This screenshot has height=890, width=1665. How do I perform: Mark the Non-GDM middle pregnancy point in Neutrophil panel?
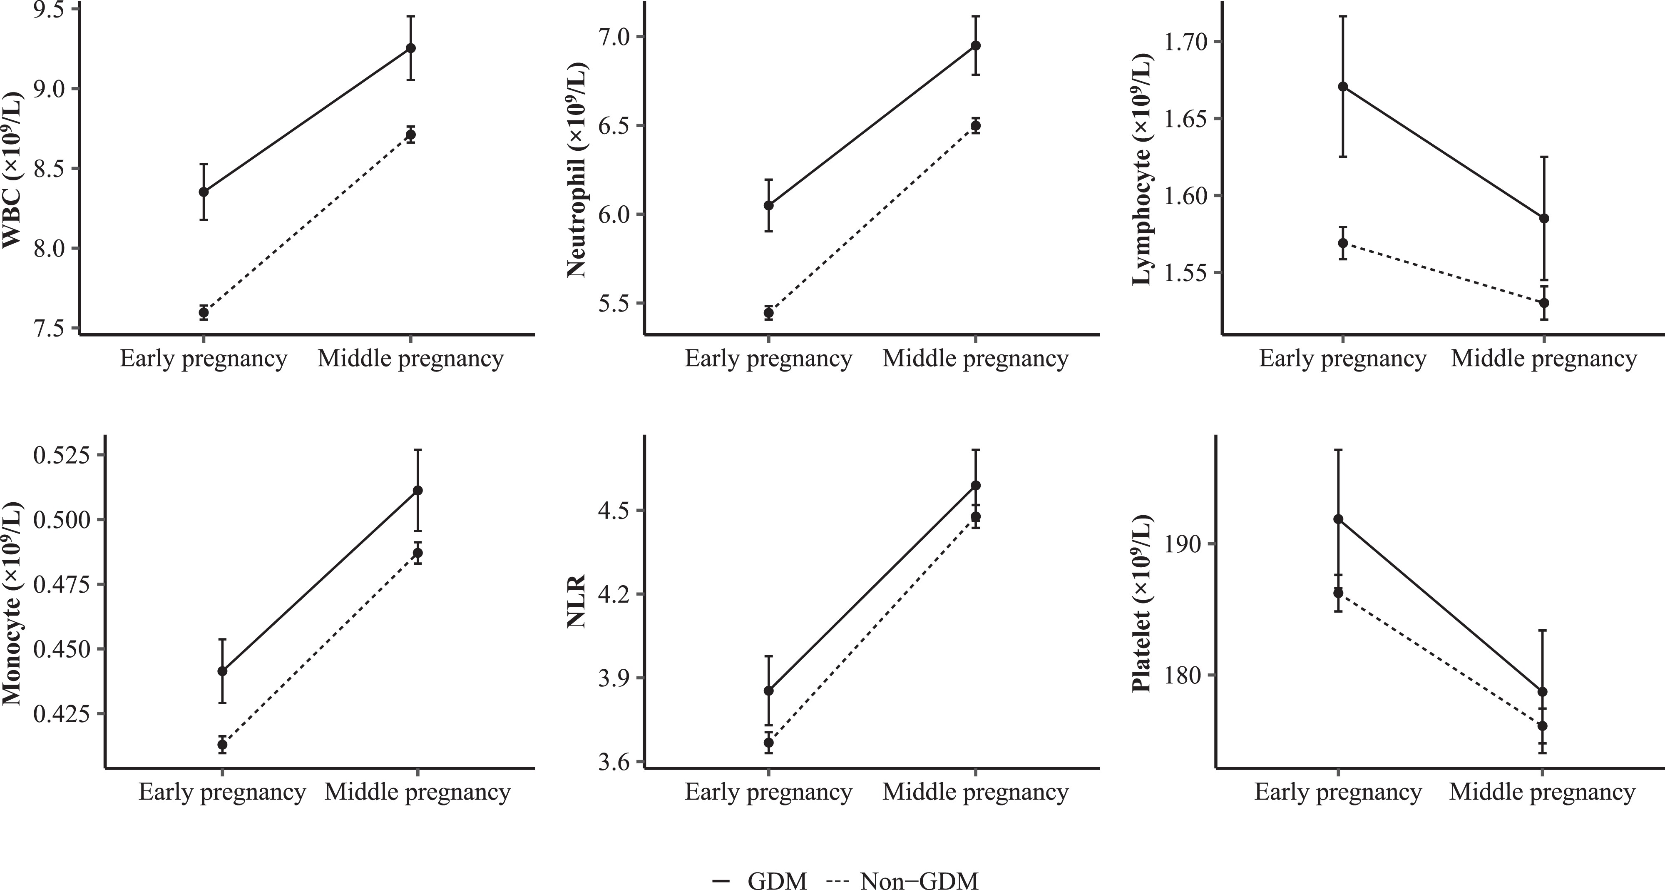(975, 125)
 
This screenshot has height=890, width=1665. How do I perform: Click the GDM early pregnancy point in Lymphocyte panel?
(1342, 87)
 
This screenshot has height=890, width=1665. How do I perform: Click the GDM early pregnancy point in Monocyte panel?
(222, 671)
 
